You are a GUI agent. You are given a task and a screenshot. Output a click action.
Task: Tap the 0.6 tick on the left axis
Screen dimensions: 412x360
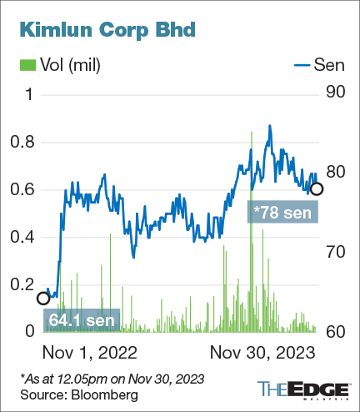pyautogui.click(x=30, y=190)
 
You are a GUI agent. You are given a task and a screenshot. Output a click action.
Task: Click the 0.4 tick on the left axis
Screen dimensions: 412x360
pyautogui.click(x=30, y=238)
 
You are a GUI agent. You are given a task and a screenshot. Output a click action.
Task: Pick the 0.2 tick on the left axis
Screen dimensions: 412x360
pyautogui.click(x=30, y=285)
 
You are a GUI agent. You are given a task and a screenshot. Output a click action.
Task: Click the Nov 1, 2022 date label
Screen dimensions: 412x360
pyautogui.click(x=89, y=352)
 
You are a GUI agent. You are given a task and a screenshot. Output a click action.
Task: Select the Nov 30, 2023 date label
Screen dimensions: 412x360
pyautogui.click(x=262, y=352)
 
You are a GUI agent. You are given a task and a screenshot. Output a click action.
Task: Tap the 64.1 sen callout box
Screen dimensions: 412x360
pyautogui.click(x=81, y=319)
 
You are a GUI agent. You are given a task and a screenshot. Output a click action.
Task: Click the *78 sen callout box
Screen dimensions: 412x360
pyautogui.click(x=284, y=214)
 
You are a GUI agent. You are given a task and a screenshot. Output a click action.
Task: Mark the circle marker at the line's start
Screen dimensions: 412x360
pyautogui.click(x=43, y=298)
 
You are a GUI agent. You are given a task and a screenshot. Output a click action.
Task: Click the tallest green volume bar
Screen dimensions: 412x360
pyautogui.click(x=250, y=234)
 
